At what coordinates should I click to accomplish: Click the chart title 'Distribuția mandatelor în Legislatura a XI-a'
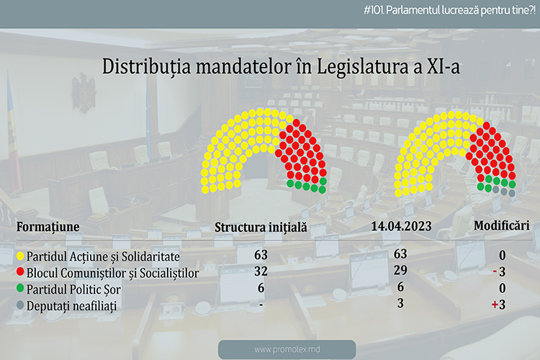[x=281, y=67]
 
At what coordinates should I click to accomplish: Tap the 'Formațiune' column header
[x=48, y=227]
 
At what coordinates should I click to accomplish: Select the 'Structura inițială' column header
[x=261, y=228]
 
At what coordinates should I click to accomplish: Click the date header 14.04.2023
[x=401, y=226]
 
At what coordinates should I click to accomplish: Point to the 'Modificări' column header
[x=502, y=225]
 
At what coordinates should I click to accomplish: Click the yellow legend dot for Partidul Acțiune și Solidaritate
[x=20, y=256]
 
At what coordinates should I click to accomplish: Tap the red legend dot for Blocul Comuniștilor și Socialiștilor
[x=20, y=272]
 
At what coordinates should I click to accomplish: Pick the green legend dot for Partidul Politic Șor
[x=20, y=288]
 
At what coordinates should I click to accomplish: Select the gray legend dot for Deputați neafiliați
[x=20, y=305]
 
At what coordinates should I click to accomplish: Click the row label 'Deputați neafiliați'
[x=71, y=306]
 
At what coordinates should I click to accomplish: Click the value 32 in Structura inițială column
[x=261, y=271]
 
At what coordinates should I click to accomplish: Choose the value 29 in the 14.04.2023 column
[x=400, y=270]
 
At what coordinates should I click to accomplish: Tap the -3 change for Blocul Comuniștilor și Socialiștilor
[x=500, y=272]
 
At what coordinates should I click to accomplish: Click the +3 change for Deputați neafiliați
[x=499, y=305]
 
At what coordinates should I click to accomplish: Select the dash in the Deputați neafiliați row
[x=261, y=305]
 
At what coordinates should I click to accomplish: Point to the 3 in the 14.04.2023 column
[x=400, y=303]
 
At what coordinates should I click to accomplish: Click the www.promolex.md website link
[x=287, y=350]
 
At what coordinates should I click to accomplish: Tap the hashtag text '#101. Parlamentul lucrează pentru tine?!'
[x=449, y=10]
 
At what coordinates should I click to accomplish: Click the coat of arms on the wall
[x=84, y=93]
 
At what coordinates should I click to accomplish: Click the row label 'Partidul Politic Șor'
[x=73, y=289]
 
